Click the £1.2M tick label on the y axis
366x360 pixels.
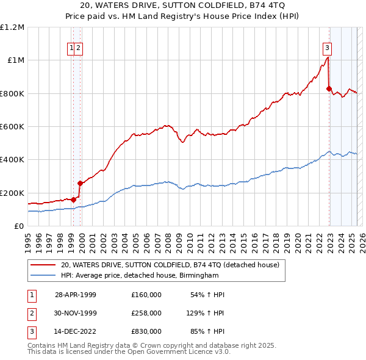pos(12,27)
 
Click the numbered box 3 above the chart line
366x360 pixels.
pos(328,48)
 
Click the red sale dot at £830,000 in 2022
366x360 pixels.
pos(329,89)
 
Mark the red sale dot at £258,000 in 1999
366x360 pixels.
pos(80,182)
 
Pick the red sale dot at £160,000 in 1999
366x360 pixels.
pos(73,199)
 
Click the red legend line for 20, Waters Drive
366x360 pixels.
pos(43,265)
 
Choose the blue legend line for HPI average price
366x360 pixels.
pos(43,275)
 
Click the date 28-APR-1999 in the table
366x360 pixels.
pos(76,295)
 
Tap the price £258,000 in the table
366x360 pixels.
pos(146,313)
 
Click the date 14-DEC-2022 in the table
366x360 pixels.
pos(76,331)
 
